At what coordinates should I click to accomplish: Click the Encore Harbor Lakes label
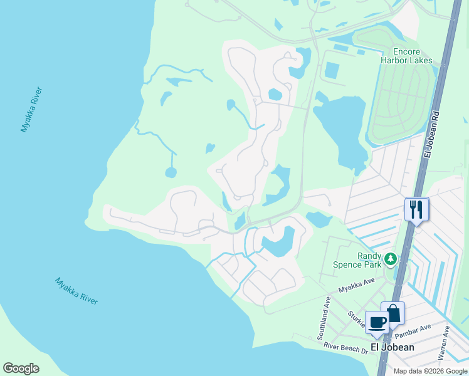[406, 56]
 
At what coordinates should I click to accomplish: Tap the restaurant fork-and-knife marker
[416, 209]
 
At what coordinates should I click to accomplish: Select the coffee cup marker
[377, 322]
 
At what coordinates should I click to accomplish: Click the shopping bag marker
[393, 313]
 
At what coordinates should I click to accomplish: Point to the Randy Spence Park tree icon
[391, 259]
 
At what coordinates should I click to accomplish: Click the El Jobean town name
[392, 347]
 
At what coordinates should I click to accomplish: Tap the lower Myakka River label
[76, 291]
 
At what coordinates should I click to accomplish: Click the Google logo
[21, 368]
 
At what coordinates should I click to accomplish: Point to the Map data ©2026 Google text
[430, 371]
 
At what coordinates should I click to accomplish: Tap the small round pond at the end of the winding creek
[171, 172]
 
